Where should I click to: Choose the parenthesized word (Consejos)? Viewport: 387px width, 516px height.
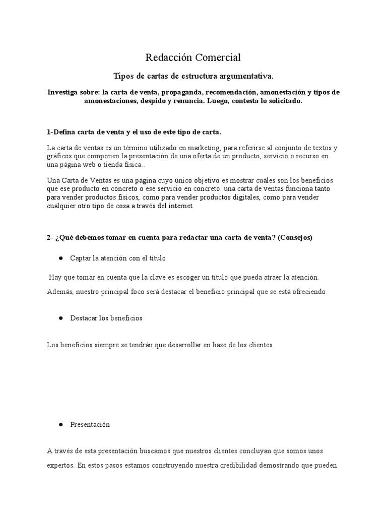tap(295, 238)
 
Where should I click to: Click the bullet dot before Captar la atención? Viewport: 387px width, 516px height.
tap(60, 258)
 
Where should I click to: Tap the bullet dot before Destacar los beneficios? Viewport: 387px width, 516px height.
tap(60, 318)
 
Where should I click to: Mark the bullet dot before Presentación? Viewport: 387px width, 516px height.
tap(60, 424)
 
